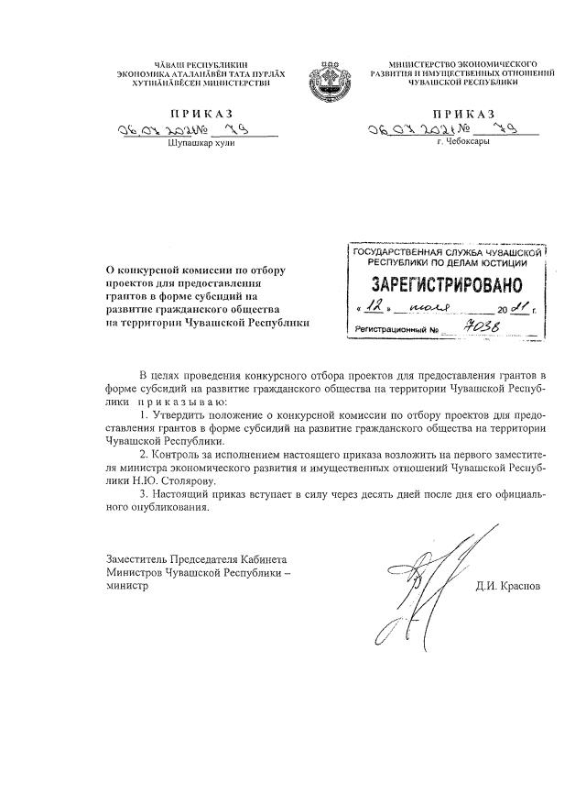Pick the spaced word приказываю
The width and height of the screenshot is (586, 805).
pyautogui.click(x=179, y=402)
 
